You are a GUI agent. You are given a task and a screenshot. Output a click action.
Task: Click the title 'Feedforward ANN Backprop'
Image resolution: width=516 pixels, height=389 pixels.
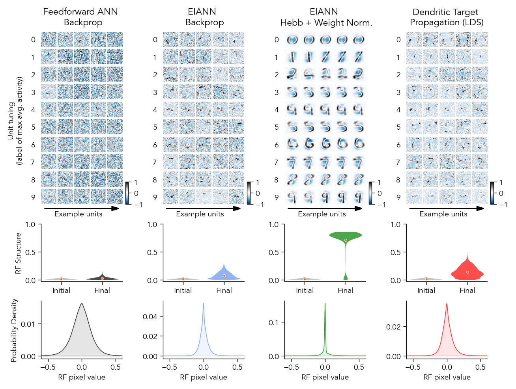[80, 17]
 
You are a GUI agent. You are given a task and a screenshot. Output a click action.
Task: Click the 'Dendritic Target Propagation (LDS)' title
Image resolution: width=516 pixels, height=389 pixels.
[447, 17]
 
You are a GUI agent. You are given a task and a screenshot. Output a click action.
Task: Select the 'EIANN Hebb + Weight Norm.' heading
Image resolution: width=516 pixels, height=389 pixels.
[326, 17]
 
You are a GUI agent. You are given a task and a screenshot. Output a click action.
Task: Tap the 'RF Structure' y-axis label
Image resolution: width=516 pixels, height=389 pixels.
[18, 253]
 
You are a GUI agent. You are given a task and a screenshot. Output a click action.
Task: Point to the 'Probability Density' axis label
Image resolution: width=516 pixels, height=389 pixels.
[14, 330]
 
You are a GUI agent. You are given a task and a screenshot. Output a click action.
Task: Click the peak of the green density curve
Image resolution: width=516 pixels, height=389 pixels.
[325, 304]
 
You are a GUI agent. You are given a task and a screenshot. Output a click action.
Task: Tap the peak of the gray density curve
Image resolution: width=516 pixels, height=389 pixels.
[82, 304]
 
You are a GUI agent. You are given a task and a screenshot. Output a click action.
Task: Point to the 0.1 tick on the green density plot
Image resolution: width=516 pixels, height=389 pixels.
[274, 322]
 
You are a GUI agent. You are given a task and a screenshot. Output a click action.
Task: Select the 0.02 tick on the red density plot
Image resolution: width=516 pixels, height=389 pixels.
[396, 327]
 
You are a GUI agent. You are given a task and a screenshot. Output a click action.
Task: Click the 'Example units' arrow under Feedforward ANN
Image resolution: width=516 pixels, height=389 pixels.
[82, 208]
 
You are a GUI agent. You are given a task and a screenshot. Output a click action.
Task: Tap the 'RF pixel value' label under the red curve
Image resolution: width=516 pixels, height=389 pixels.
[447, 377]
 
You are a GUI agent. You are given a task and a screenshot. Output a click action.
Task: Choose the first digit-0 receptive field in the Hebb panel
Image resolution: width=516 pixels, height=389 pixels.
[292, 39]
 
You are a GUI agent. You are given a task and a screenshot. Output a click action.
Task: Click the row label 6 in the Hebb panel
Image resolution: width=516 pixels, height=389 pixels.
[277, 145]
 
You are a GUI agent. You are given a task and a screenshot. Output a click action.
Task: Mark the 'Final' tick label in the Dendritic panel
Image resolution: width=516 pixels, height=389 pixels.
[467, 290]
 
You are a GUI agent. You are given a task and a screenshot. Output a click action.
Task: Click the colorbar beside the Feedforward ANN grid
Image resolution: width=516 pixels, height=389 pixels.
[128, 193]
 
